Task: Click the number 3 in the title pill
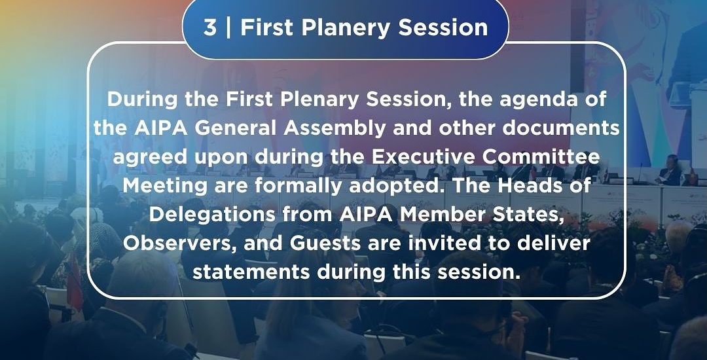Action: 210,27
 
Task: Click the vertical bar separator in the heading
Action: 228,27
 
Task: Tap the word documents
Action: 561,129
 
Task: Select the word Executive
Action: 422,157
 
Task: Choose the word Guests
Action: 325,243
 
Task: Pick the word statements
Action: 251,272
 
